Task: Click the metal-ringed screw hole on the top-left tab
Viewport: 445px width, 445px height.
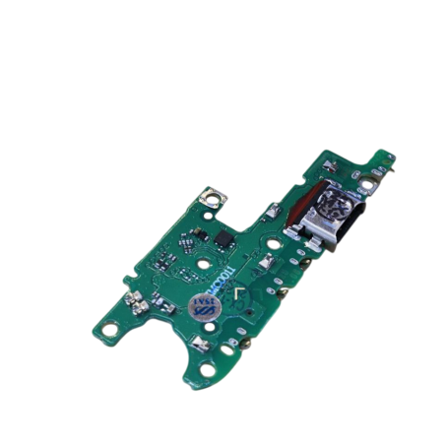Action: tap(209, 197)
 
